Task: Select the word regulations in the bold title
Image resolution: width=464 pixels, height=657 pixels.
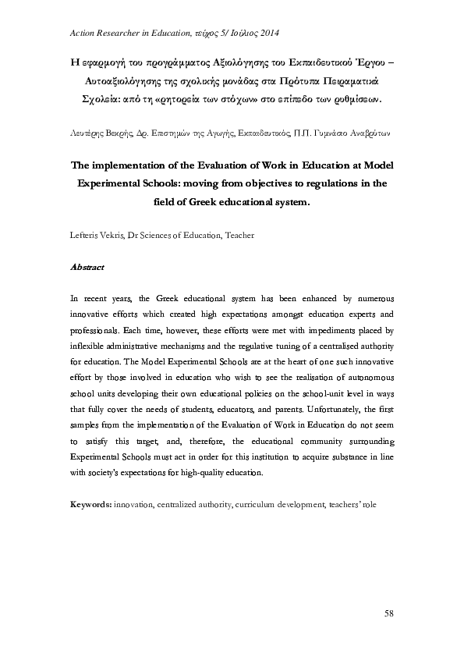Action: click(x=314, y=184)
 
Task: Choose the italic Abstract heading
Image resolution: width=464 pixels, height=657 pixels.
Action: click(x=87, y=266)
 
